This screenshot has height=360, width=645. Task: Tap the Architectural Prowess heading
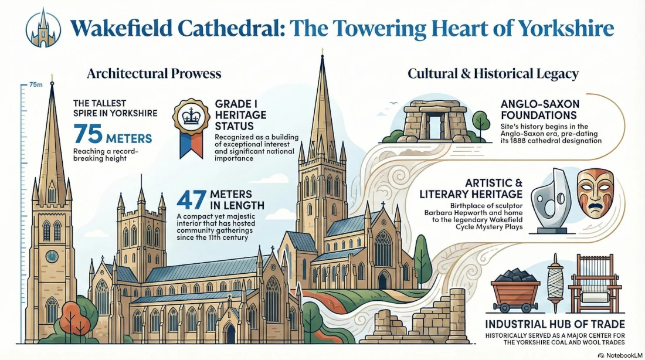154,73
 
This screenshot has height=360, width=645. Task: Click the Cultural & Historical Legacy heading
493,73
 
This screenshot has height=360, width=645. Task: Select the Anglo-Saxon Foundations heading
539,109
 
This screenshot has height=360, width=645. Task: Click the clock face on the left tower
52,256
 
